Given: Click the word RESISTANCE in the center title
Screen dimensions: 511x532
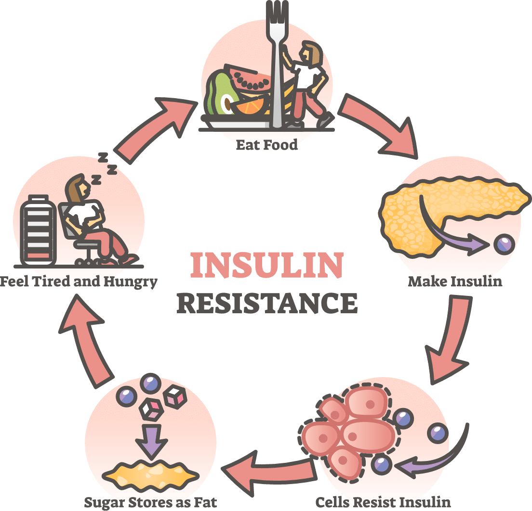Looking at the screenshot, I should tap(266, 303).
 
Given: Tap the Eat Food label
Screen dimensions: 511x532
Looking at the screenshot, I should tap(266, 144).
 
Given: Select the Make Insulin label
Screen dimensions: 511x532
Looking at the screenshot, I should tap(454, 281).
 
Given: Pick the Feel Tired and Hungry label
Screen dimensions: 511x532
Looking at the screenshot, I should tap(79, 281).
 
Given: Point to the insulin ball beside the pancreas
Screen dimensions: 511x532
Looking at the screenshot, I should tap(504, 243).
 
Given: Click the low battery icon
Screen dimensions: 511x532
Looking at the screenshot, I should tap(36, 231).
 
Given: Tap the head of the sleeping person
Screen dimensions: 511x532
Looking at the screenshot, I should tap(76, 186).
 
